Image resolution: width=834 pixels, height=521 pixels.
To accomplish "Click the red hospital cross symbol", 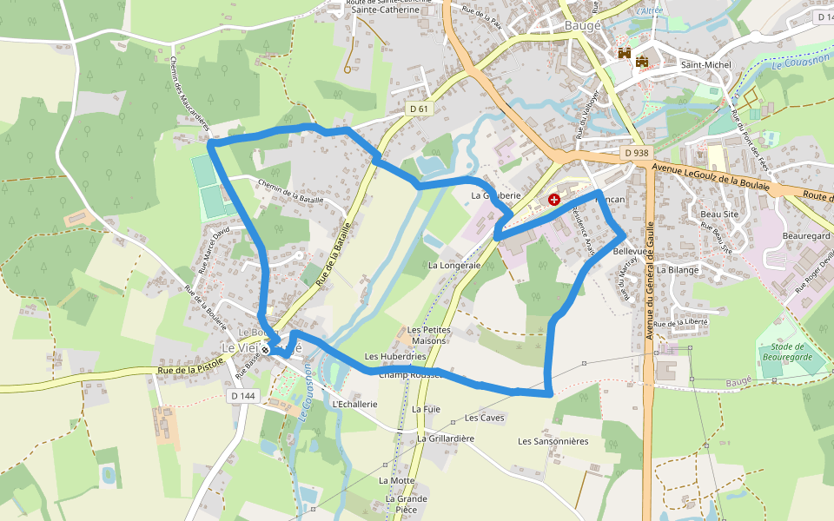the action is tap(554, 200).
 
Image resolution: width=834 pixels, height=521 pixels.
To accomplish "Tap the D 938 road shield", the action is tap(637, 153).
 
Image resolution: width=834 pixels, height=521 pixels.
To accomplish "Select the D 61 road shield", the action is tap(419, 109).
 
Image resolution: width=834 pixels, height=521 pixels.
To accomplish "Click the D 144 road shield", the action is tap(244, 396).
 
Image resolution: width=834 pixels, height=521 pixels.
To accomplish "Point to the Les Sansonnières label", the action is tap(553, 441).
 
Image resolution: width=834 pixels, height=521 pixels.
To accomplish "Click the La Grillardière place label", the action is tap(446, 439).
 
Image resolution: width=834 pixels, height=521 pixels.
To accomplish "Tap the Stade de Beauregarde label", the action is tap(786, 352).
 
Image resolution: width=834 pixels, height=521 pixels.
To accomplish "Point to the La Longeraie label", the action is tap(454, 265).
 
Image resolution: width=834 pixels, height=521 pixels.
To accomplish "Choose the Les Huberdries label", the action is tap(395, 356).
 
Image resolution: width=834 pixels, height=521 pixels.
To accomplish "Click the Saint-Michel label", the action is tap(706, 65).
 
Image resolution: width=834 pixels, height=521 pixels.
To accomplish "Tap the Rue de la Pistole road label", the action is tap(186, 371).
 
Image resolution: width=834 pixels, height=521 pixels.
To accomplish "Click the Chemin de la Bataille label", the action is tap(290, 193).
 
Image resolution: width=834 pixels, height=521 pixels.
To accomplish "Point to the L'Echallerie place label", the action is tap(354, 404).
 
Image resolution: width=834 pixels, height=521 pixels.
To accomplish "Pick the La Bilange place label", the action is tap(678, 270).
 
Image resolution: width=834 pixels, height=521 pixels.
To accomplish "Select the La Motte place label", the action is tap(397, 480).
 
